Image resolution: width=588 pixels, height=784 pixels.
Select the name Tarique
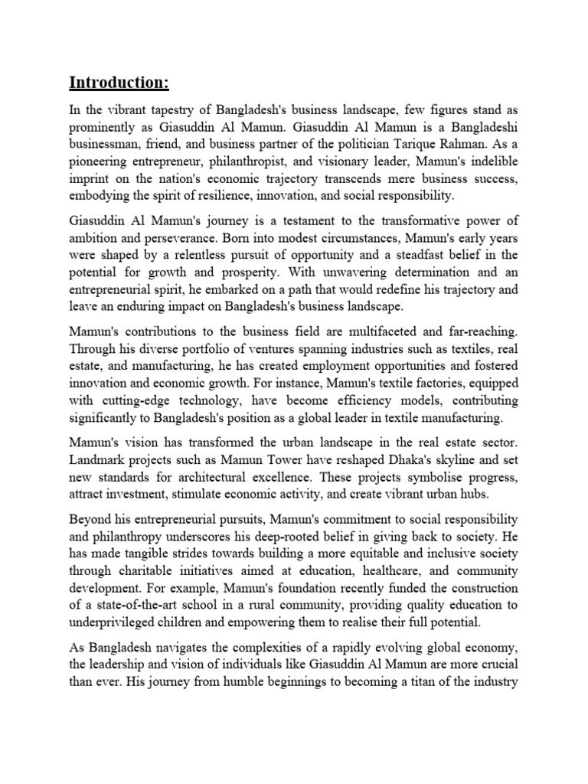point(428,145)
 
